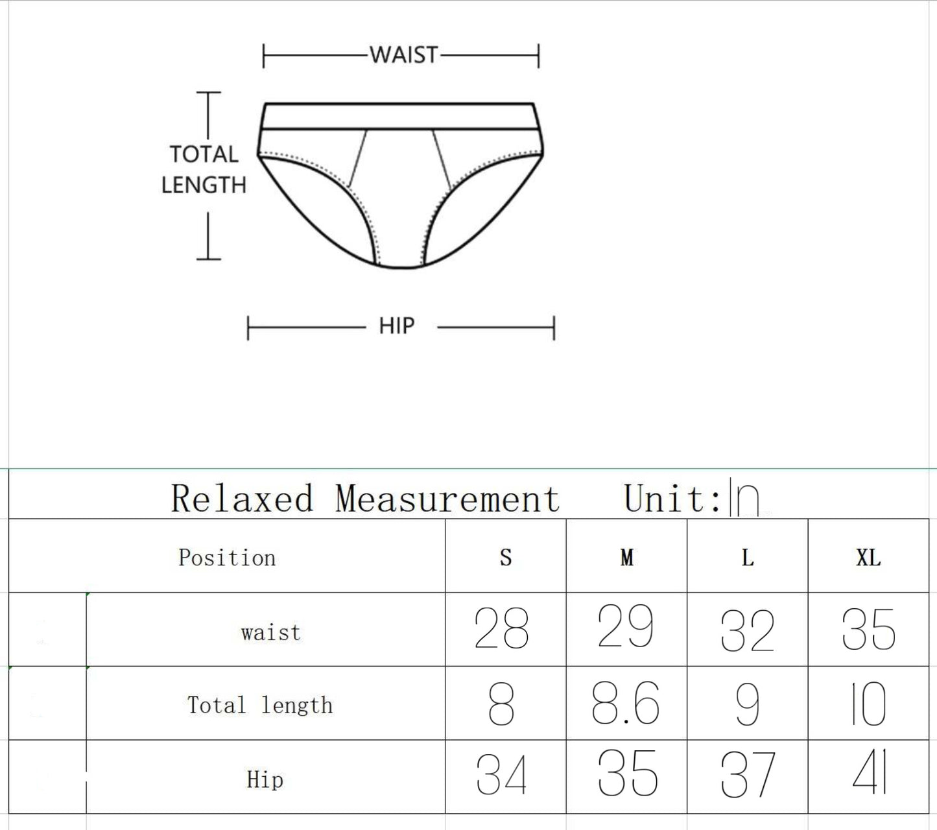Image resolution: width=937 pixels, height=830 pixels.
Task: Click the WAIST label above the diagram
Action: click(404, 55)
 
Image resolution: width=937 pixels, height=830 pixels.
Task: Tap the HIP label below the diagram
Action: click(396, 326)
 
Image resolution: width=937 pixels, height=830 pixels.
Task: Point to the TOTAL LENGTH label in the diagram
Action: click(204, 170)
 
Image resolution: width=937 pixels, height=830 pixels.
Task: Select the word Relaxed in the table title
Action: click(242, 499)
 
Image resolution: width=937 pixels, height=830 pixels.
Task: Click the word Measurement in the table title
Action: click(447, 499)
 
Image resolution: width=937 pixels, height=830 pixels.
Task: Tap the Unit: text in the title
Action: click(672, 499)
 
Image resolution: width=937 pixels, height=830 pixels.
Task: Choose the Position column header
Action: click(227, 558)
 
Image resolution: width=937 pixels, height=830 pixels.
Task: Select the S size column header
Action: click(506, 558)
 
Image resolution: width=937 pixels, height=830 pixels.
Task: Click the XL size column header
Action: click(868, 558)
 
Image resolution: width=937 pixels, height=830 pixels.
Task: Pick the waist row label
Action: click(271, 632)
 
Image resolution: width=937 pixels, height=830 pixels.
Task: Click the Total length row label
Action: click(260, 705)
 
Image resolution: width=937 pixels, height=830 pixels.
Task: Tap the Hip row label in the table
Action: click(265, 779)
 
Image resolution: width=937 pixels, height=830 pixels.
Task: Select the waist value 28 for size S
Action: click(501, 629)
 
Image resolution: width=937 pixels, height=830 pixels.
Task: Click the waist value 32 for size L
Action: click(747, 630)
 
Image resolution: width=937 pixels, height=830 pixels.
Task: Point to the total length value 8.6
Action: click(625, 704)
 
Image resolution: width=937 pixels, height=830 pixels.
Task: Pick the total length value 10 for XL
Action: click(868, 704)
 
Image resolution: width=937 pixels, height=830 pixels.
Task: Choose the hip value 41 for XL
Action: click(869, 773)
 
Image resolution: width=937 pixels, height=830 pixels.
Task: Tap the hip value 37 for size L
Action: click(747, 775)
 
